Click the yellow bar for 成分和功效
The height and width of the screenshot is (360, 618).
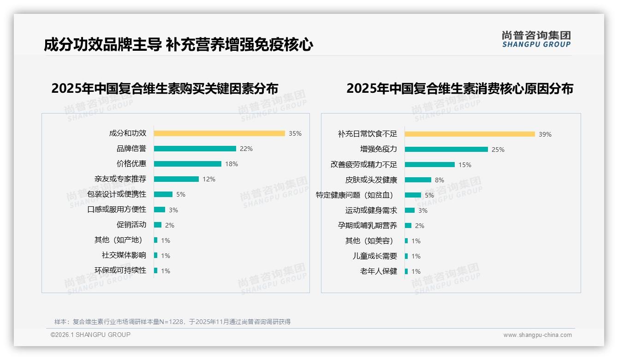point(219,133)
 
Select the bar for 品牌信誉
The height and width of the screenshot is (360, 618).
point(195,149)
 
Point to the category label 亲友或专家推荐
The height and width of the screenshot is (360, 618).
point(120,179)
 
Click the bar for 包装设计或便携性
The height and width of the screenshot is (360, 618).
point(163,194)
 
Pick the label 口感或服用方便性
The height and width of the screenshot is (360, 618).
point(117,210)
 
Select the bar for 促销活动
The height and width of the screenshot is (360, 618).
point(157,225)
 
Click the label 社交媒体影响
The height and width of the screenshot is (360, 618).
point(124,255)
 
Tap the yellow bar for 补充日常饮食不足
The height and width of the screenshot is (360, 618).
point(469,134)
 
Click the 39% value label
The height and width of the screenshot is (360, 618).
point(545,134)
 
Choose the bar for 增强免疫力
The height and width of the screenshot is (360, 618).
point(446,150)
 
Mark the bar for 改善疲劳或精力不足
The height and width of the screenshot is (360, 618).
point(429,165)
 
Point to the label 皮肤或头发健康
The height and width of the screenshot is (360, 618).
point(371,180)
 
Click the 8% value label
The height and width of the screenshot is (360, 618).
point(440,180)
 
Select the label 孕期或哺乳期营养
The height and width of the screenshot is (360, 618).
point(368,226)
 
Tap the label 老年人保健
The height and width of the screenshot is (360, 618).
point(379,271)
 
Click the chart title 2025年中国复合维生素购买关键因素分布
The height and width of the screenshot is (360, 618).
point(165,88)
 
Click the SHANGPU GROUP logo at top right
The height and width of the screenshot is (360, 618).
point(536,39)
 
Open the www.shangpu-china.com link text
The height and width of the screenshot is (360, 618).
point(537,335)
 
